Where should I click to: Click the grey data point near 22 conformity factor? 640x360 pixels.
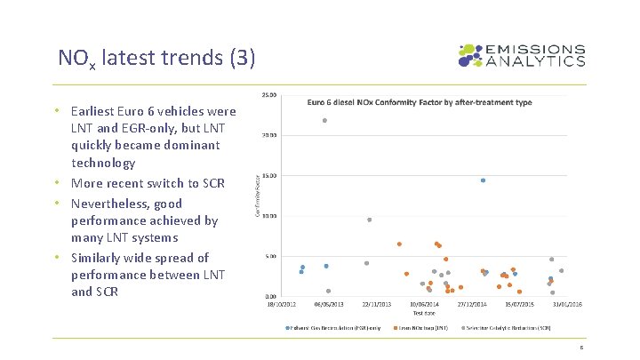(325, 120)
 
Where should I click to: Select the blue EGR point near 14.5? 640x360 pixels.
(483, 180)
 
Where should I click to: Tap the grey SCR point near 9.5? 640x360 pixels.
(369, 220)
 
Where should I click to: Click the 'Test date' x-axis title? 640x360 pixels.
(424, 313)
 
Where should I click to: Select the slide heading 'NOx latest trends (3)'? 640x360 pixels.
(156, 59)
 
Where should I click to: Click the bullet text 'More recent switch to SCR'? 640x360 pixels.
(148, 183)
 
